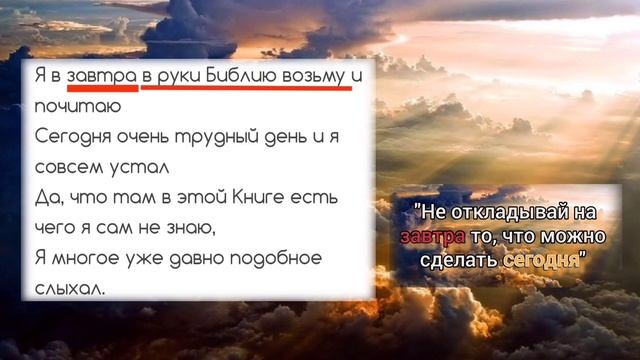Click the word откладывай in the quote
pos(510,212)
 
